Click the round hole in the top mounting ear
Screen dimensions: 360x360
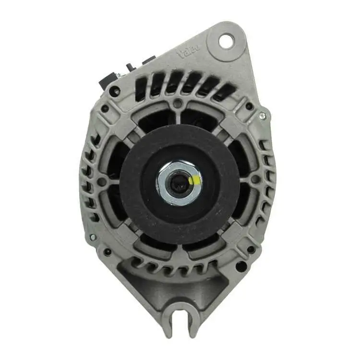click(226, 41)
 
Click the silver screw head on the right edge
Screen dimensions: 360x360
click(262, 115)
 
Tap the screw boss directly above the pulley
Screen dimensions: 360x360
click(178, 104)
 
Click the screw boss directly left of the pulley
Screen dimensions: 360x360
click(102, 181)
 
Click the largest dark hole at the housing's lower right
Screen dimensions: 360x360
click(241, 265)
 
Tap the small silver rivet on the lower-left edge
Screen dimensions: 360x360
click(93, 237)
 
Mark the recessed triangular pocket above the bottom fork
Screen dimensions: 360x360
click(144, 288)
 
